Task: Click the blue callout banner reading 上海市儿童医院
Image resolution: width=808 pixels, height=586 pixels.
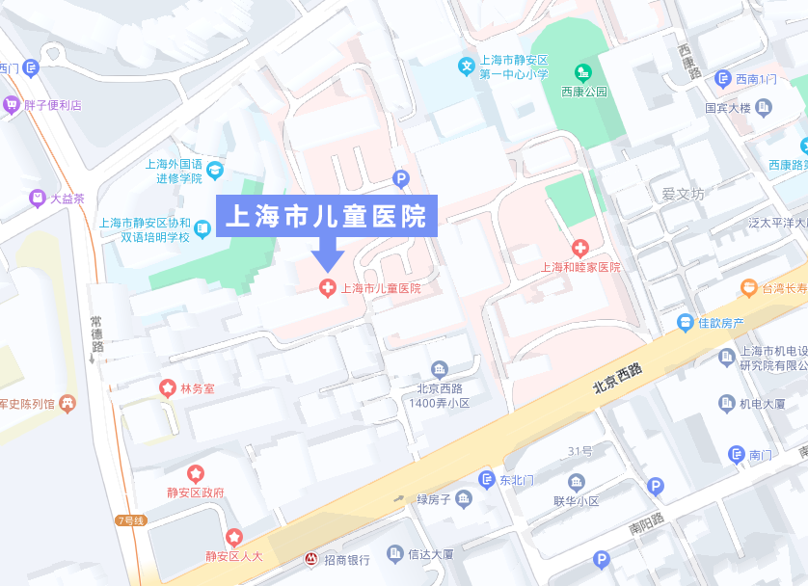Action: (x=327, y=216)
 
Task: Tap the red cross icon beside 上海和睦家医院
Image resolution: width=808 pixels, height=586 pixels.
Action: (x=579, y=249)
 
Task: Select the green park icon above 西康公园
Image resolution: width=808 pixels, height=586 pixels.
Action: (x=582, y=72)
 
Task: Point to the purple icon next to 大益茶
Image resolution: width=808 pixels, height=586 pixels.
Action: (x=37, y=199)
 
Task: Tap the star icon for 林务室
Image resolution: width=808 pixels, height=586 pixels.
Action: (x=167, y=387)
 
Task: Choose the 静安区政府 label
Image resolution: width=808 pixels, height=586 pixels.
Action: (x=196, y=492)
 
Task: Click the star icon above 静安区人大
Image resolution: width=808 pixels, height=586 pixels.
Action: (x=233, y=537)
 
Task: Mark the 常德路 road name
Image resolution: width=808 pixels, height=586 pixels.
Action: (x=96, y=333)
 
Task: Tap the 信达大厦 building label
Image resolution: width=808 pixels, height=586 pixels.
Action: (x=430, y=554)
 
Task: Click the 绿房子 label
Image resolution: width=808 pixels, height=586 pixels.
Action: (x=434, y=499)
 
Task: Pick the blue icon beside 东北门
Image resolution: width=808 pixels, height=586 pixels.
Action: (x=487, y=479)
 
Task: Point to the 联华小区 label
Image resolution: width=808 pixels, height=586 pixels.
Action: (x=577, y=501)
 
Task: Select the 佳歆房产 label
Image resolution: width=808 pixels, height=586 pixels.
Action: (x=720, y=323)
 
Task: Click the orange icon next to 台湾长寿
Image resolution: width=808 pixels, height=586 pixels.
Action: (x=748, y=287)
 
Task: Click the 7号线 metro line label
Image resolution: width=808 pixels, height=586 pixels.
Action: (x=130, y=520)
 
